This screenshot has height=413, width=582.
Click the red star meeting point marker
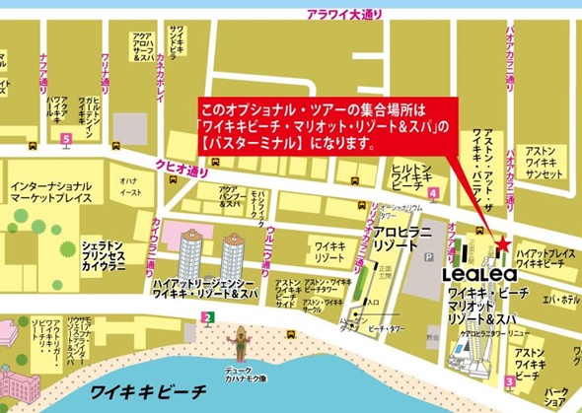[x=502, y=243]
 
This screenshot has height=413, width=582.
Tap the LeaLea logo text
[x=472, y=273]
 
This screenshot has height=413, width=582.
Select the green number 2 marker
[x=207, y=316]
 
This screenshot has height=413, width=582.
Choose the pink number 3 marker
[x=509, y=380]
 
